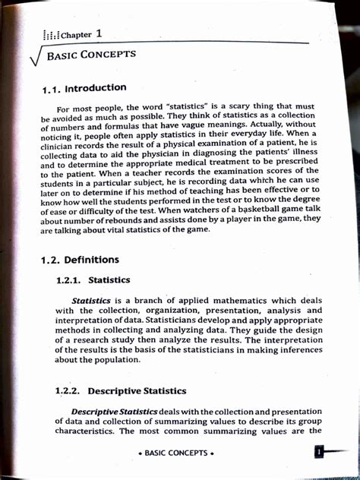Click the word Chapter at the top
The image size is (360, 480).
point(76,35)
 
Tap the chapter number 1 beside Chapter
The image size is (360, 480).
point(99,33)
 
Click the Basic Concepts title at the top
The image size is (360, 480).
point(91,55)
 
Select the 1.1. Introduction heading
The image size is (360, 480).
point(83,89)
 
